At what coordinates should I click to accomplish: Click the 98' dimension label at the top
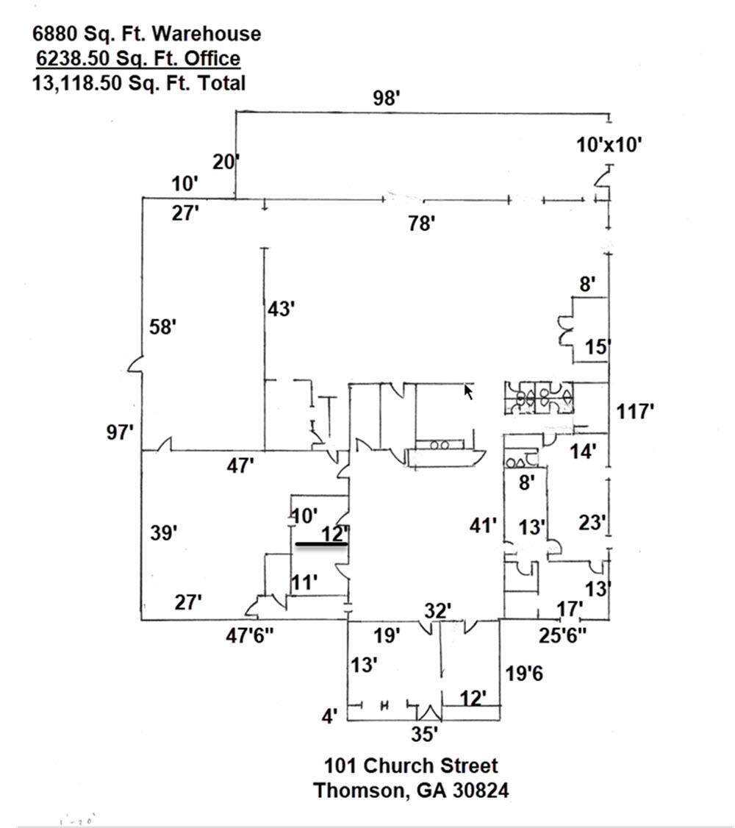[x=386, y=98]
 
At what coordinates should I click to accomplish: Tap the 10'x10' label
[x=609, y=145]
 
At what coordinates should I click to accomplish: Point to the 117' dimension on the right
[x=635, y=411]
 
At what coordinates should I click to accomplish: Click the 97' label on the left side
[x=120, y=432]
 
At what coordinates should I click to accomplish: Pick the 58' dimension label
[x=162, y=326]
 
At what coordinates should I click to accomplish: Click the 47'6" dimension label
[x=250, y=635]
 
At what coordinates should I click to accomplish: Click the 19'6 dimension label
[x=523, y=671]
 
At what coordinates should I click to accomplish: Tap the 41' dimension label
[x=484, y=526]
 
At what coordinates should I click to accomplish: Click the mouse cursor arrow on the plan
[x=468, y=391]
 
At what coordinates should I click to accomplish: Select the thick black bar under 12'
[x=321, y=545]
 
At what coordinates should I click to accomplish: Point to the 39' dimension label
[x=165, y=532]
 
